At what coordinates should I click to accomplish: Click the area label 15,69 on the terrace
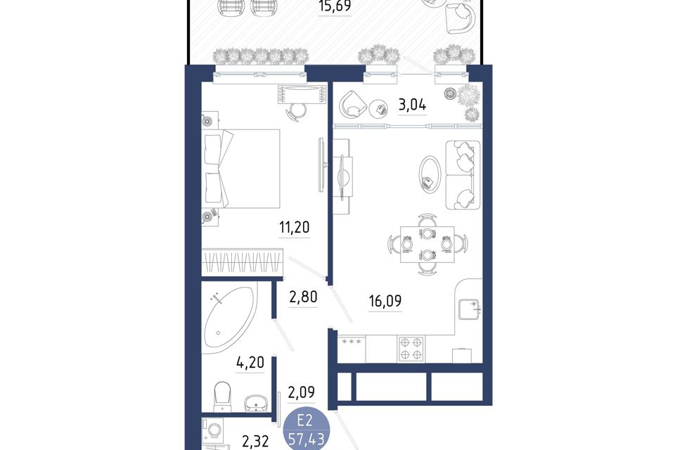point(335,6)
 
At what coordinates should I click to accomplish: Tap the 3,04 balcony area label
point(413,105)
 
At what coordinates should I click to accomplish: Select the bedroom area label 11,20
point(294,227)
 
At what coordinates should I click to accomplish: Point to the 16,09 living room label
point(385,301)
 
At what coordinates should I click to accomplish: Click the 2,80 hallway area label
point(303,297)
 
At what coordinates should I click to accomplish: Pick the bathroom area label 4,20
point(250,362)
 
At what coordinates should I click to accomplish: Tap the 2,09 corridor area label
point(301,392)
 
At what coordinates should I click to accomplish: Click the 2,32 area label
point(255,441)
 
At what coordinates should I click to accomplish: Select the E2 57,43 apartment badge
point(307,430)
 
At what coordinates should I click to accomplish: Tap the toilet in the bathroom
point(224,397)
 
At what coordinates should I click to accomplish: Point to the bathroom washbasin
point(256,404)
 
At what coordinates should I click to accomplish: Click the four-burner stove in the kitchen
point(411,349)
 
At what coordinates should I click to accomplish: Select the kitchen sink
point(469,309)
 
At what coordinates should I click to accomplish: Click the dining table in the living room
point(427,245)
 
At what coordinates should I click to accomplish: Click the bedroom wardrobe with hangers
point(243,260)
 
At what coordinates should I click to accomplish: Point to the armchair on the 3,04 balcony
point(352,105)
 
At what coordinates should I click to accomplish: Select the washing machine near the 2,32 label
point(213,430)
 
